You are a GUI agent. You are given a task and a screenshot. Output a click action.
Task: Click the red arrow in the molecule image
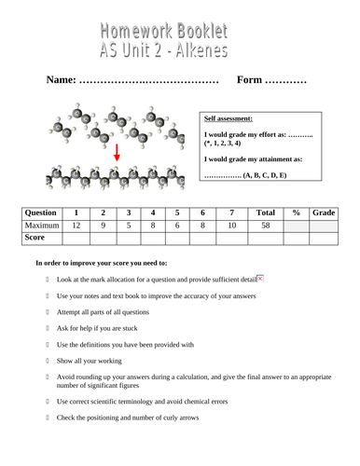tap(117, 153)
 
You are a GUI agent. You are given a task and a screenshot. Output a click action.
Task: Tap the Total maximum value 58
tap(265, 225)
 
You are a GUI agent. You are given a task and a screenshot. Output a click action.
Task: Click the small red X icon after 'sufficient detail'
tap(260, 278)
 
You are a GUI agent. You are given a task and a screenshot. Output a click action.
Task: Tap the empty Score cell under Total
tap(265, 238)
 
